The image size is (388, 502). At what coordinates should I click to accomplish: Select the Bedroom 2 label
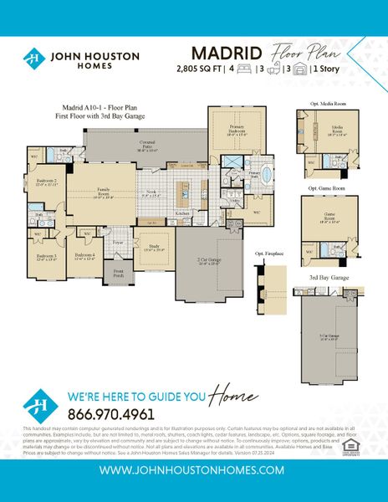[x=45, y=182]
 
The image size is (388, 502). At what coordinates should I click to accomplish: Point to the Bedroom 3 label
[x=46, y=257]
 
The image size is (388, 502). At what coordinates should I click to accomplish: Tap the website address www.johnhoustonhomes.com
[x=193, y=470]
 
